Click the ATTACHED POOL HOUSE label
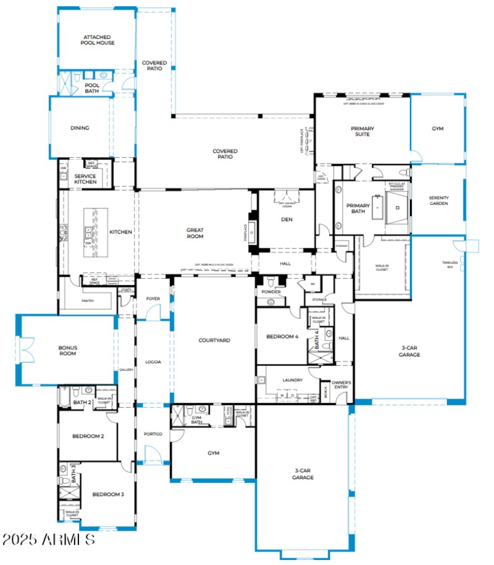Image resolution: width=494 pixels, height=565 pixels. (x=98, y=39)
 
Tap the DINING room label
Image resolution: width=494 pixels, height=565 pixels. (x=80, y=128)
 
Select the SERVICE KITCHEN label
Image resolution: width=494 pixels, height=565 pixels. (x=85, y=179)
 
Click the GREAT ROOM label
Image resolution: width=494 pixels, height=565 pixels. (x=195, y=233)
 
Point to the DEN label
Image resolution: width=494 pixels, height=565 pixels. (x=286, y=219)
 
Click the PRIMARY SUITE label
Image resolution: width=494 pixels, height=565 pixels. (x=362, y=131)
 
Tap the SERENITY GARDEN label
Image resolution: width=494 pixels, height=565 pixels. (x=438, y=200)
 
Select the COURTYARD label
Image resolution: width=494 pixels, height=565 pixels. (x=214, y=340)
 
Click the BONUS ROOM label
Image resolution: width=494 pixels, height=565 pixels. (x=67, y=350)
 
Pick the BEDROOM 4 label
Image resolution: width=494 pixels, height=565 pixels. (x=282, y=337)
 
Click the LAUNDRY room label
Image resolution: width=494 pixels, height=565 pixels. (x=292, y=381)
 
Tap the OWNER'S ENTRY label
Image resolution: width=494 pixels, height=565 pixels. (x=341, y=385)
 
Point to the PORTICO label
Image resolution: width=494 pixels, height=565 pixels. (x=153, y=434)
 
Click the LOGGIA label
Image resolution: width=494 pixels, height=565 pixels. (x=153, y=362)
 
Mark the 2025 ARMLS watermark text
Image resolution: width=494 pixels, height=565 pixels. (x=48, y=540)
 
